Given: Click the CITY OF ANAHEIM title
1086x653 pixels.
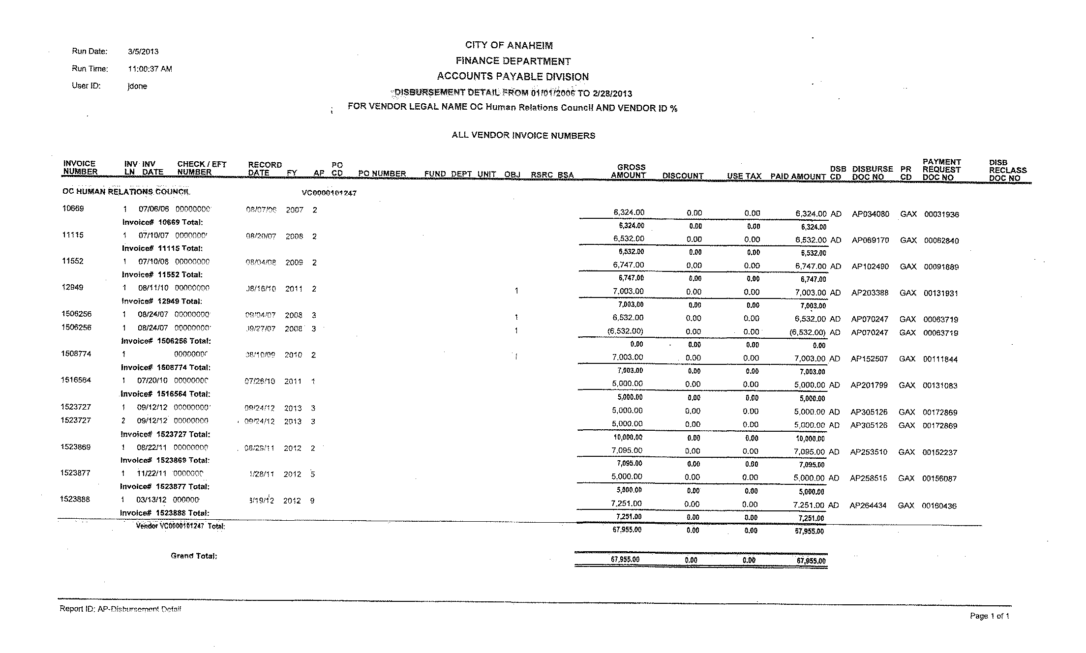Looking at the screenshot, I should [509, 46].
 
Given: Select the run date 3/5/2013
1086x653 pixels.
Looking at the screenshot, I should [143, 52].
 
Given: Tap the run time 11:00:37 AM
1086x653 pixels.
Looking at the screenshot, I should [150, 69].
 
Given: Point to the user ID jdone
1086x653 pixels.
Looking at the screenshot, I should [137, 86].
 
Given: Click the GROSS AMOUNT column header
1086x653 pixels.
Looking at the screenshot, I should [629, 171].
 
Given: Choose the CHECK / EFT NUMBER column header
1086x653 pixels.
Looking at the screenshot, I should [202, 168].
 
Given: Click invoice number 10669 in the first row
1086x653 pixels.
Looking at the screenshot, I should [73, 208].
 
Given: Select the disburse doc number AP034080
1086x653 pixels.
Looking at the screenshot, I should [870, 214].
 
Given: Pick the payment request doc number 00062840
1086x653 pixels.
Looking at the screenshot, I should [941, 240].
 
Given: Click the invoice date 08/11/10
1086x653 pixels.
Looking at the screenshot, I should [153, 288].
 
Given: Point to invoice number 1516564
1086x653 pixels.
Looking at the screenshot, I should [76, 380].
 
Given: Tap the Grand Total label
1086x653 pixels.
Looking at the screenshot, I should [194, 556].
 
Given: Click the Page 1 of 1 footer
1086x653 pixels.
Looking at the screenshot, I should [989, 616].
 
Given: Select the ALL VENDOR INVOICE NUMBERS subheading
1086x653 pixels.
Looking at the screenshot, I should [523, 136].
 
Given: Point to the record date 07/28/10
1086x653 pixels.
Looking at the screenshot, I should [260, 382].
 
